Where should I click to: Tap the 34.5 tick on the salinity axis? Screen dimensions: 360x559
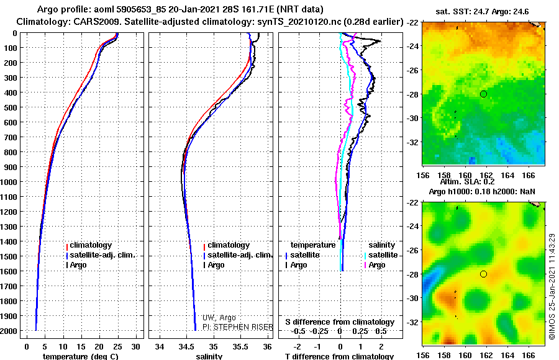coord(186,346)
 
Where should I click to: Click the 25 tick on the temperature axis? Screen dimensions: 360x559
coord(117,346)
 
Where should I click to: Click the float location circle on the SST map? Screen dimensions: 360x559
coord(483,94)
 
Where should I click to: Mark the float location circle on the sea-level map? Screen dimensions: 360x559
coord(483,274)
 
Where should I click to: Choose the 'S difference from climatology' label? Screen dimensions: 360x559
coord(340,322)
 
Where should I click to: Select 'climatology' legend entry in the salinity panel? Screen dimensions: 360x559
coord(228,245)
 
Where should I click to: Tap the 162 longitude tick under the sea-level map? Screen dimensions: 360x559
coord(486,356)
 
